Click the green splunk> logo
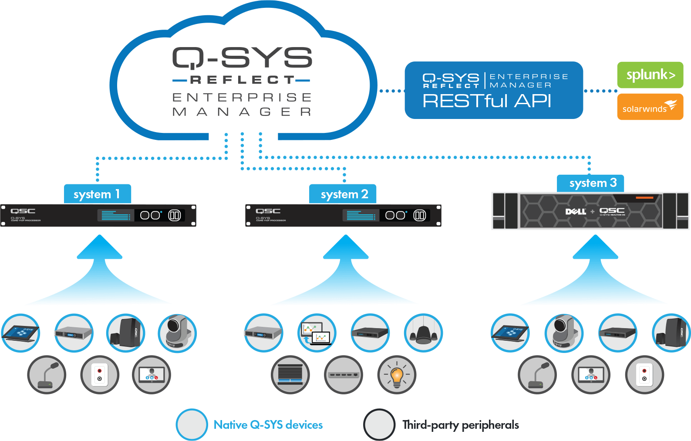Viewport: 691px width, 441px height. [x=650, y=75]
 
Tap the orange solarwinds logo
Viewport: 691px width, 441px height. [x=650, y=107]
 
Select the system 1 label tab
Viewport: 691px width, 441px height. [x=97, y=194]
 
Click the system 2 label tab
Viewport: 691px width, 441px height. [x=344, y=194]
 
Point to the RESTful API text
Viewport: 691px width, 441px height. [x=486, y=101]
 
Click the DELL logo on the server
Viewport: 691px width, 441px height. [x=575, y=211]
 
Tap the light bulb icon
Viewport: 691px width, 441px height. [x=397, y=375]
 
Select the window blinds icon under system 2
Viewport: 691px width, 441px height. [x=290, y=375]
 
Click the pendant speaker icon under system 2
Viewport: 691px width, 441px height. [x=423, y=333]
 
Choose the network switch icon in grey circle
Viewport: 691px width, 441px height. [x=344, y=375]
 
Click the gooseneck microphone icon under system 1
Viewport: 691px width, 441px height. [x=47, y=375]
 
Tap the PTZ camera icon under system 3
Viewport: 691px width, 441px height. [x=563, y=333]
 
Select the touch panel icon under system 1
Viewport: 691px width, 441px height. [x=20, y=333]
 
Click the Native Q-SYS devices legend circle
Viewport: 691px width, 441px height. [x=192, y=424]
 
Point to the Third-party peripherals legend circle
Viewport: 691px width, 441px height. [x=379, y=424]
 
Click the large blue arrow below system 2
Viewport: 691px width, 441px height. [x=345, y=275]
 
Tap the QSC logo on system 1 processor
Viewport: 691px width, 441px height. [x=23, y=211]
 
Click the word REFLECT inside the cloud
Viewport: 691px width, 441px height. [x=242, y=80]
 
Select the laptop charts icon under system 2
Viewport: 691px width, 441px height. [x=317, y=333]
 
